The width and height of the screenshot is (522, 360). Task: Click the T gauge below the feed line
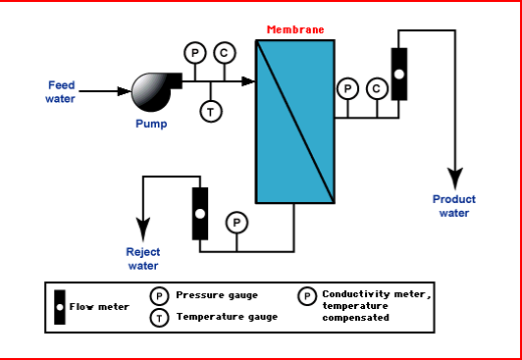point(211,112)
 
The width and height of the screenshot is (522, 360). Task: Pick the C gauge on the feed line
point(224,52)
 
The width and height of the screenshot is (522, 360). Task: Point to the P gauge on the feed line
point(194,52)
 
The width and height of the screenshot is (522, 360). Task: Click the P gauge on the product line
point(346,89)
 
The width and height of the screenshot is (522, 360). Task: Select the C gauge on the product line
point(376,89)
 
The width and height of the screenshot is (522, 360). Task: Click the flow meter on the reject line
point(199,212)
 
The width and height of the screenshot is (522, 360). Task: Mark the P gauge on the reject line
point(235,223)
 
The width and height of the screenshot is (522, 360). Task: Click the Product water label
point(453,206)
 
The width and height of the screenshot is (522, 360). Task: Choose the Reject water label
point(142,257)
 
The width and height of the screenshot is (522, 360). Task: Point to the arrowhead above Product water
point(454,180)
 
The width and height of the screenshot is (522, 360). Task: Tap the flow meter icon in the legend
point(61,307)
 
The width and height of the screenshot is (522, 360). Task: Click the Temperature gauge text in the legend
point(227,317)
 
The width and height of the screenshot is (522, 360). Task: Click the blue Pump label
point(151,124)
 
